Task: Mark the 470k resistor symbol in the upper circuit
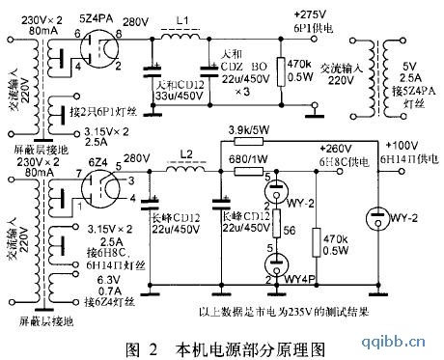click(x=282, y=71)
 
